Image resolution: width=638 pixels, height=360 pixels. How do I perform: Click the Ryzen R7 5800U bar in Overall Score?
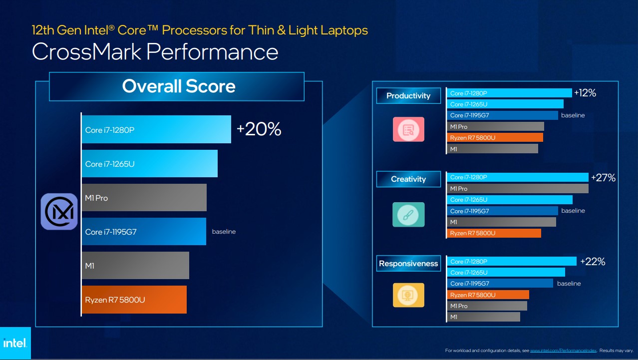click(x=134, y=300)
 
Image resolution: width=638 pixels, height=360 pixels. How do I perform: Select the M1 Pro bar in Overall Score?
click(x=144, y=198)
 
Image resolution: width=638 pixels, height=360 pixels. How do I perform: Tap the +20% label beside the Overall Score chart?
click(x=259, y=129)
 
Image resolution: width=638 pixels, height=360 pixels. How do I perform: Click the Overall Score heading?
click(x=178, y=86)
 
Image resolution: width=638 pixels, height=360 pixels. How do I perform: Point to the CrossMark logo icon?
click(x=59, y=212)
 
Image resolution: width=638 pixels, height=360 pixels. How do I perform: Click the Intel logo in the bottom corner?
click(x=15, y=343)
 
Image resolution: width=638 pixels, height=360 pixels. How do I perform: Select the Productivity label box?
click(x=408, y=96)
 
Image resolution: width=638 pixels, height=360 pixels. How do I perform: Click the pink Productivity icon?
click(x=408, y=129)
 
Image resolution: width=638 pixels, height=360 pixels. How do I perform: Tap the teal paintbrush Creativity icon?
click(x=408, y=215)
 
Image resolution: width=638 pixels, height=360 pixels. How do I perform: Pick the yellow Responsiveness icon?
click(x=408, y=295)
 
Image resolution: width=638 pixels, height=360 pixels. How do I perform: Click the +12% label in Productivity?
click(x=585, y=93)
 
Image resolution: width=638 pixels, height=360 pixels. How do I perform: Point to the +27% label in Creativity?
click(x=603, y=177)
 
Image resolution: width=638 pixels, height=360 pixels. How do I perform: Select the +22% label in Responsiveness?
click(x=593, y=262)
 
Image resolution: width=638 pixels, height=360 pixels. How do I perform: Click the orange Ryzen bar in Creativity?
click(x=494, y=233)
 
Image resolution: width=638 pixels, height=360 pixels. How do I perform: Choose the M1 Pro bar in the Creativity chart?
click(x=517, y=189)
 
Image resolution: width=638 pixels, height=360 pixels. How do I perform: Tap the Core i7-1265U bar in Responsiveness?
click(x=506, y=273)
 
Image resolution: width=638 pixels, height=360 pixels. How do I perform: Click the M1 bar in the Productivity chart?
click(x=492, y=149)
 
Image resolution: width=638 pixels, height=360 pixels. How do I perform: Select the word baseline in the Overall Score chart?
click(x=224, y=232)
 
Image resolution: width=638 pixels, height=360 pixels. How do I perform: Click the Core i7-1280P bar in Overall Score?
click(x=156, y=130)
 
